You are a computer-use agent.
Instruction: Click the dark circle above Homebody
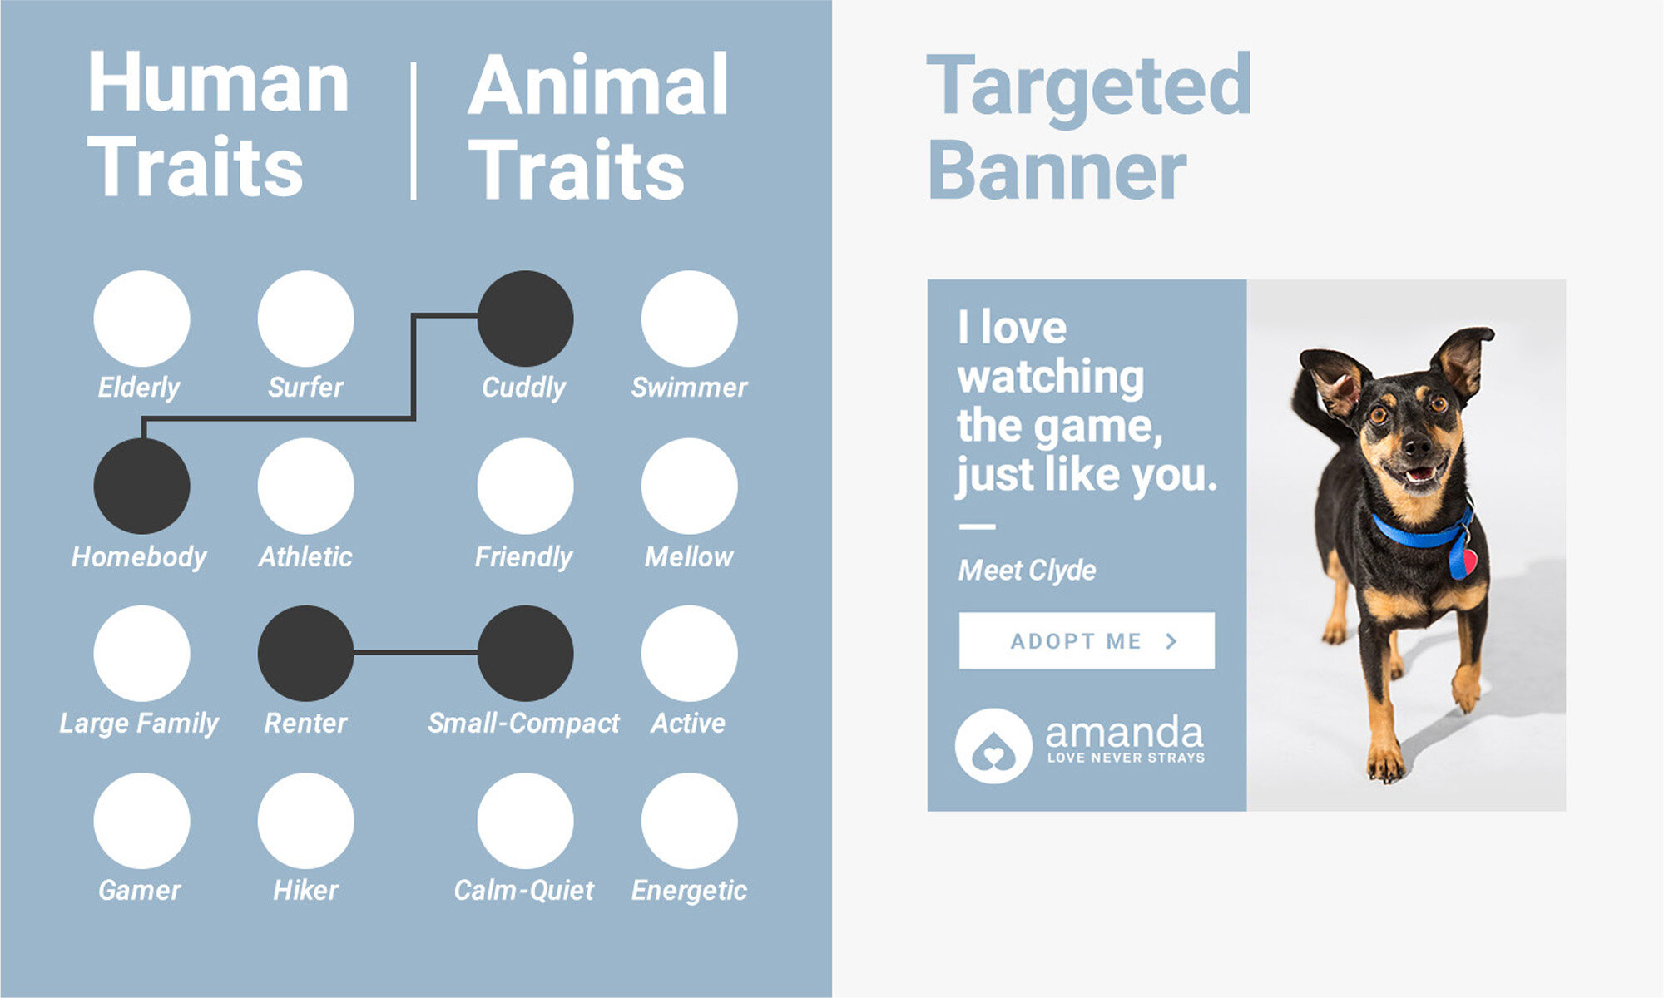pos(141,486)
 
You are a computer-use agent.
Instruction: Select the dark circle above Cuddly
pos(525,319)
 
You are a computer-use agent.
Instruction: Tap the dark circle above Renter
pos(306,653)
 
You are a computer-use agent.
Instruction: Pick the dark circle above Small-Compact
pos(525,653)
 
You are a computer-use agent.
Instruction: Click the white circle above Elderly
pos(141,319)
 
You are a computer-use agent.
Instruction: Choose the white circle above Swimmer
pos(689,319)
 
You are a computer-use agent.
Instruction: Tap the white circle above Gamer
pos(141,821)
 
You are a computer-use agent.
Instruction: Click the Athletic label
pos(305,556)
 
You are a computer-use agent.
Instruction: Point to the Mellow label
pos(689,556)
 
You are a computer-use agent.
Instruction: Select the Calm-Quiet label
pos(523,890)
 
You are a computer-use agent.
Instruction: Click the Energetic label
pos(689,891)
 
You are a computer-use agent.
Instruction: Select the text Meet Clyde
pos(1027,571)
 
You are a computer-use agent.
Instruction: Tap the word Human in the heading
pos(218,82)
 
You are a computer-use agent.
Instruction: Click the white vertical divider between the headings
pos(414,131)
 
